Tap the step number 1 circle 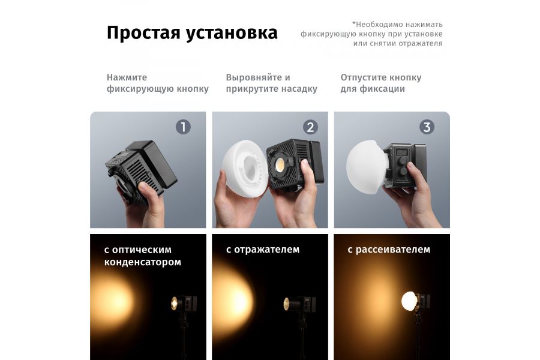pos(183,127)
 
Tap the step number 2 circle pos(310,127)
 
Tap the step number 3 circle pos(427,127)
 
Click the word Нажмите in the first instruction pos(127,77)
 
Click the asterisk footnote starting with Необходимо pos(371,34)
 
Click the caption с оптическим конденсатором pos(143,256)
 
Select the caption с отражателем pos(263,250)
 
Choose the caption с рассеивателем pos(389,250)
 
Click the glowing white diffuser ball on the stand pos(410,301)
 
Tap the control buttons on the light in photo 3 pos(400,164)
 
